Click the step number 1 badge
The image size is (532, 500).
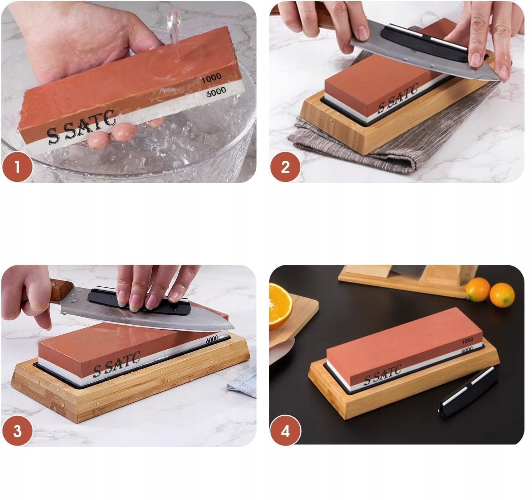tap(18, 167)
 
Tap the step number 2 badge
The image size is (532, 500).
tap(285, 167)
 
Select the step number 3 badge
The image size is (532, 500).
tap(18, 431)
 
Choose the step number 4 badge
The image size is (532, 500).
tap(285, 431)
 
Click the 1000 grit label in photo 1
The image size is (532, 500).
tap(211, 78)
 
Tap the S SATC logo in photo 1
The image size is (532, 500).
tap(82, 127)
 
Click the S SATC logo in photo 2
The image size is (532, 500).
tap(398, 98)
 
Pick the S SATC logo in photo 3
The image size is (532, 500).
tap(117, 364)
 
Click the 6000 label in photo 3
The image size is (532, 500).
tap(212, 340)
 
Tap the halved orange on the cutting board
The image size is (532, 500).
tap(280, 306)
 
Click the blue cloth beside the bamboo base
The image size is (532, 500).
tap(242, 383)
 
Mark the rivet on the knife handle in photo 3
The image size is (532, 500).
tap(54, 283)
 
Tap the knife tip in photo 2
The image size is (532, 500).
tap(499, 79)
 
